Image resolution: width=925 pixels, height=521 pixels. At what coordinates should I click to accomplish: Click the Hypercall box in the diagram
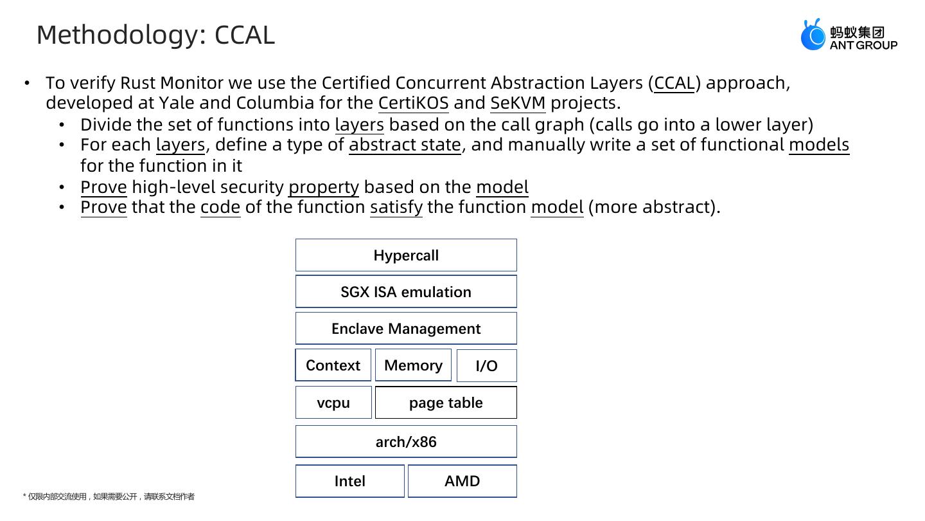point(406,255)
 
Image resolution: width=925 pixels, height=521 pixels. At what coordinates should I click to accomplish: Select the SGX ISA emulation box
point(406,292)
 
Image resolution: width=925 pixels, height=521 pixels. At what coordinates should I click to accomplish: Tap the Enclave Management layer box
point(406,329)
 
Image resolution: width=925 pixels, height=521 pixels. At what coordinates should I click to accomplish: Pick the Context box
point(333,365)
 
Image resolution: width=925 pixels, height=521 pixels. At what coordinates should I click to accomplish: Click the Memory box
point(413,365)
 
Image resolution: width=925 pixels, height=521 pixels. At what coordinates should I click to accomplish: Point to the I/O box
point(486,366)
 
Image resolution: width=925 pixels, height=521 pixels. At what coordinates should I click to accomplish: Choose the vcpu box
point(333,403)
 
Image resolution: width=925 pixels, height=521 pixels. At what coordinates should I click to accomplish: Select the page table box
point(446,403)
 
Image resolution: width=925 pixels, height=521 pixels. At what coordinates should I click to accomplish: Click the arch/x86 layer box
point(406,442)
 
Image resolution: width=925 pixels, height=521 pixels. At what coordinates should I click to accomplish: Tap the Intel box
point(349,481)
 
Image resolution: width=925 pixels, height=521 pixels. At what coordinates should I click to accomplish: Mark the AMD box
point(462,481)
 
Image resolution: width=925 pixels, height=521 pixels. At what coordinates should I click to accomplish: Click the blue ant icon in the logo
point(813,35)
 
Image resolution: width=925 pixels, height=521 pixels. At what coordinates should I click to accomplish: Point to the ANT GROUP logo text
point(863,45)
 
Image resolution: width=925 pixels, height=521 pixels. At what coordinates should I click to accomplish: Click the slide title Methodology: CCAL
point(155,35)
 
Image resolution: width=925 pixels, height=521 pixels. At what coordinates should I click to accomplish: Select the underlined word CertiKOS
point(413,103)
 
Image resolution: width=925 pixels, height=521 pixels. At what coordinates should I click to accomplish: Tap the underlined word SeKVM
point(518,103)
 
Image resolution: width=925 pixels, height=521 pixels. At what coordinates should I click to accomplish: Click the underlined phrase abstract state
point(405,145)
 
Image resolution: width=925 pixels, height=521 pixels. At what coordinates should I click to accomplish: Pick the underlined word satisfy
point(396,207)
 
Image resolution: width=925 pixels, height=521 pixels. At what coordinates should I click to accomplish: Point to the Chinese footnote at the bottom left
point(109,497)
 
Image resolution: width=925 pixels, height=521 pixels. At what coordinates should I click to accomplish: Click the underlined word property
point(324,187)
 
